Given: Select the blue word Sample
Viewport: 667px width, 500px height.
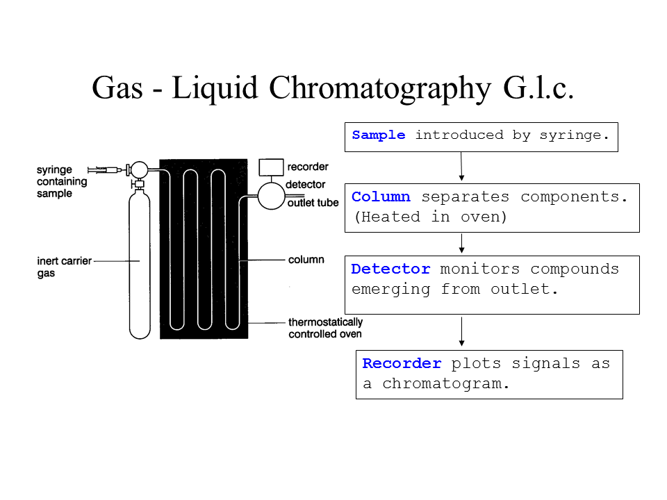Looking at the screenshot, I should [x=379, y=135].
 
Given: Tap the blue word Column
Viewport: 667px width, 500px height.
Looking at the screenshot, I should [x=381, y=197].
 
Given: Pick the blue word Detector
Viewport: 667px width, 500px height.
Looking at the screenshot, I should [x=390, y=269].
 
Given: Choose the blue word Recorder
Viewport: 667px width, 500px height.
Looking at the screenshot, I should [x=402, y=363].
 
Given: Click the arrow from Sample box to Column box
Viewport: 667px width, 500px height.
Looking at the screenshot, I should [x=461, y=167].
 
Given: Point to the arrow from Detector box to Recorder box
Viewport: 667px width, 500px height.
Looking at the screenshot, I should [x=461, y=331].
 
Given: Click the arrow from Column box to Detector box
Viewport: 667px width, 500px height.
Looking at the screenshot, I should [x=461, y=243].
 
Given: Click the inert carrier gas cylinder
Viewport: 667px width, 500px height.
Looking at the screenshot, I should [x=140, y=264].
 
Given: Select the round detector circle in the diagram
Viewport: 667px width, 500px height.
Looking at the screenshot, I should [x=271, y=196].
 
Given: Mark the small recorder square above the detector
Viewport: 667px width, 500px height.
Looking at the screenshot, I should [x=270, y=167].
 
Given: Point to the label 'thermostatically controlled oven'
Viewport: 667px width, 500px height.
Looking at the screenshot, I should [x=325, y=328].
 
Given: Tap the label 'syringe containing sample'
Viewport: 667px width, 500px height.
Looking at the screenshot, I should [x=62, y=182].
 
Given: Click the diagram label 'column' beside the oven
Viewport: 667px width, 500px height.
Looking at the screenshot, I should [x=306, y=260].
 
